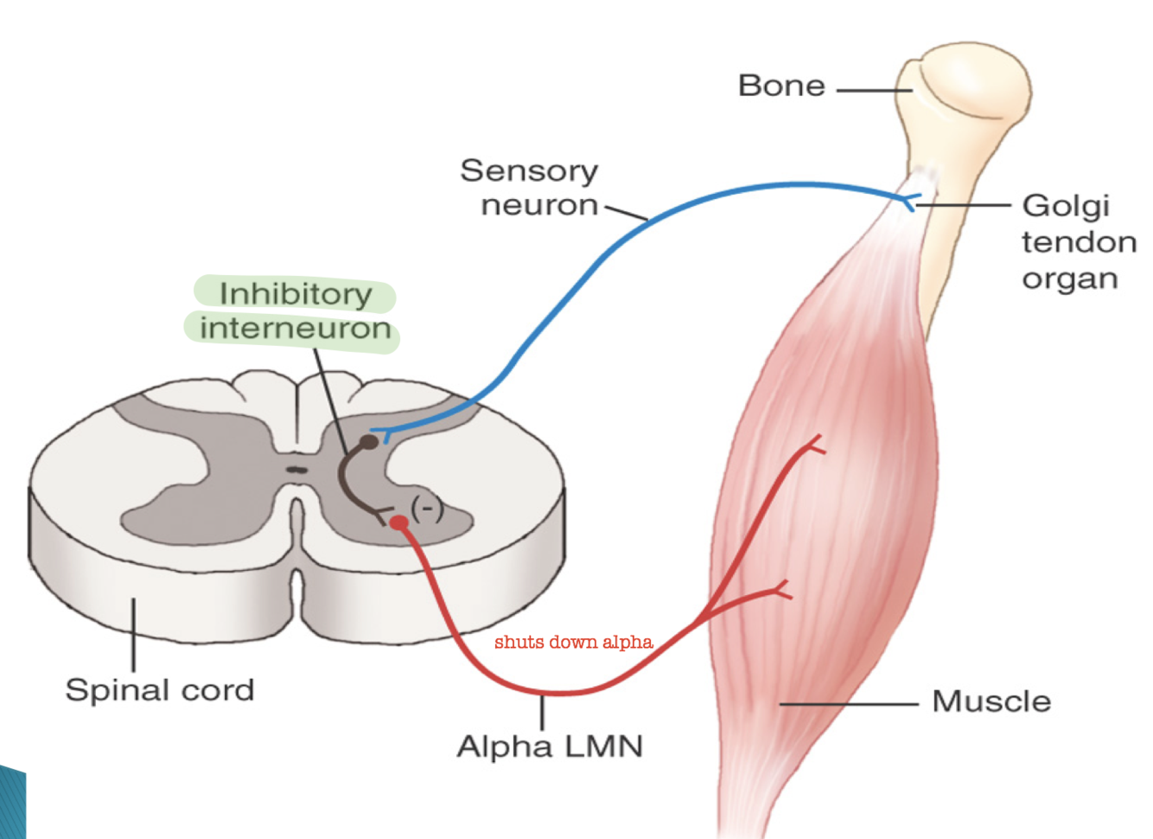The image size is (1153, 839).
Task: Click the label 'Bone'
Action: point(781,86)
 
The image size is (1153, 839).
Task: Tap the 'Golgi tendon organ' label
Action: point(1078,242)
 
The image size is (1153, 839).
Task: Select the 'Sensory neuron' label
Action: point(530,188)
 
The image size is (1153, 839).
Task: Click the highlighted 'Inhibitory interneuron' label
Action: point(294,311)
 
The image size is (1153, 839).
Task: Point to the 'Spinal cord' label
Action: point(160,690)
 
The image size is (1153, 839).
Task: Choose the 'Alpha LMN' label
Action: point(550,746)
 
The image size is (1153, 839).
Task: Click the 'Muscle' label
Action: point(991,701)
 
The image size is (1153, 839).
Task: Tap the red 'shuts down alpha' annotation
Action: point(573,642)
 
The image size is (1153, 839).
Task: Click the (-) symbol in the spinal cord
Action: point(427,509)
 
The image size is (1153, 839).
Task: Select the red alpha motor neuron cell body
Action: point(398,522)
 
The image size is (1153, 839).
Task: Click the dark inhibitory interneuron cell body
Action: point(369,442)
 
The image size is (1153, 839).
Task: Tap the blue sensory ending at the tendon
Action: point(908,202)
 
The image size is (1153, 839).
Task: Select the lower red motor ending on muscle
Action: point(783,590)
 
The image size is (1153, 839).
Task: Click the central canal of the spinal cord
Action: point(297,471)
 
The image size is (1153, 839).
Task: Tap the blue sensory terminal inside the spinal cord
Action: point(381,432)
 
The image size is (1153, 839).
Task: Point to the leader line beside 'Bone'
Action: point(873,90)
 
